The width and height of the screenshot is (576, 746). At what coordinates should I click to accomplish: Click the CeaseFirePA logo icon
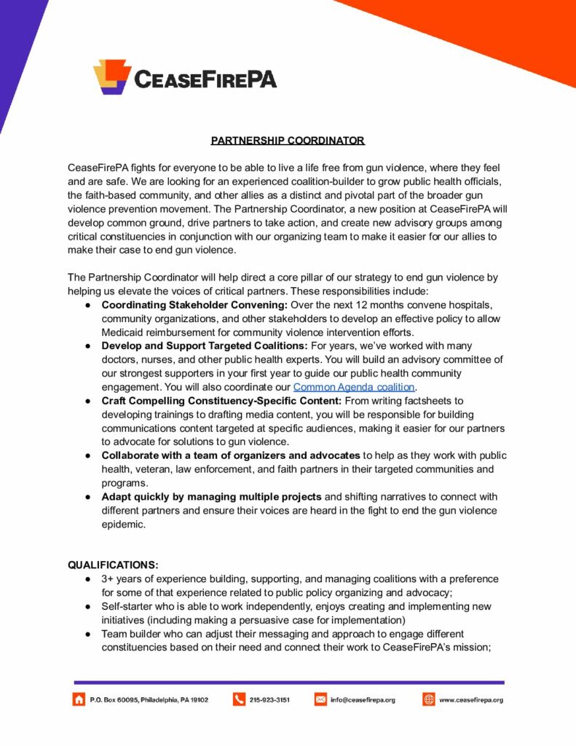click(111, 76)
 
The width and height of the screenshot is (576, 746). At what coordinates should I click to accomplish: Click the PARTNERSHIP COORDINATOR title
click(288, 140)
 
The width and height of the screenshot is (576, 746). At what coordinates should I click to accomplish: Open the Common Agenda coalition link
click(354, 387)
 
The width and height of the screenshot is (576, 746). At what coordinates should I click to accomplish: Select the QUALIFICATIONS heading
click(113, 565)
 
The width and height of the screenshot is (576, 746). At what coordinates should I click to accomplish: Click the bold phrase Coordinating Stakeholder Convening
click(194, 305)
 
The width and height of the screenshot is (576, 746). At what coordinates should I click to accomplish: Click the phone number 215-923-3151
click(269, 699)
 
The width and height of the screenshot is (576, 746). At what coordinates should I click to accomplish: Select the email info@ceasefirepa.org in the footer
click(363, 699)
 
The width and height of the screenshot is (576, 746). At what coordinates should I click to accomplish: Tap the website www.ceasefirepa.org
click(470, 699)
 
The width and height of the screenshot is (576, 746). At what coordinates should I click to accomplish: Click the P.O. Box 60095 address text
click(149, 699)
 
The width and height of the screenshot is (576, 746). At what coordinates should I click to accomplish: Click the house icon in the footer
click(78, 699)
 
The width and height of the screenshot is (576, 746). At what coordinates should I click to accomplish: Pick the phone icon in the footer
click(239, 699)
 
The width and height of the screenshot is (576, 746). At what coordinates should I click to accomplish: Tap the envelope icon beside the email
click(320, 699)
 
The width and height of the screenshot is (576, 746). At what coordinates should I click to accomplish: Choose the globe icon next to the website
click(429, 699)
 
